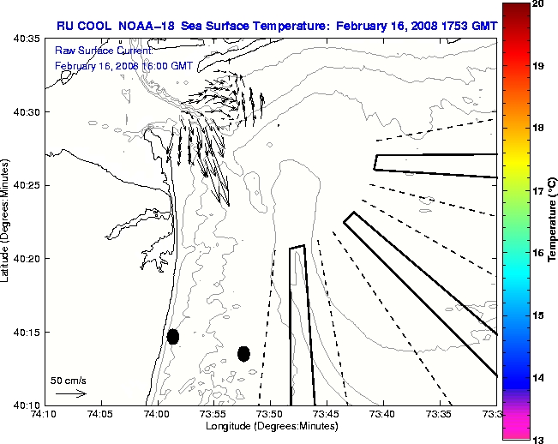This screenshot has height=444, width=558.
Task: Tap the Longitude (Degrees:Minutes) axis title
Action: click(269, 426)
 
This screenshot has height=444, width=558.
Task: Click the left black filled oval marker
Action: click(173, 336)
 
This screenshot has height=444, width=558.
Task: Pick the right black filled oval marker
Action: click(243, 353)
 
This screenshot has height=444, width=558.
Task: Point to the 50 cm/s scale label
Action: click(69, 380)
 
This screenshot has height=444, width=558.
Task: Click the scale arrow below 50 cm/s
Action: click(70, 393)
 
